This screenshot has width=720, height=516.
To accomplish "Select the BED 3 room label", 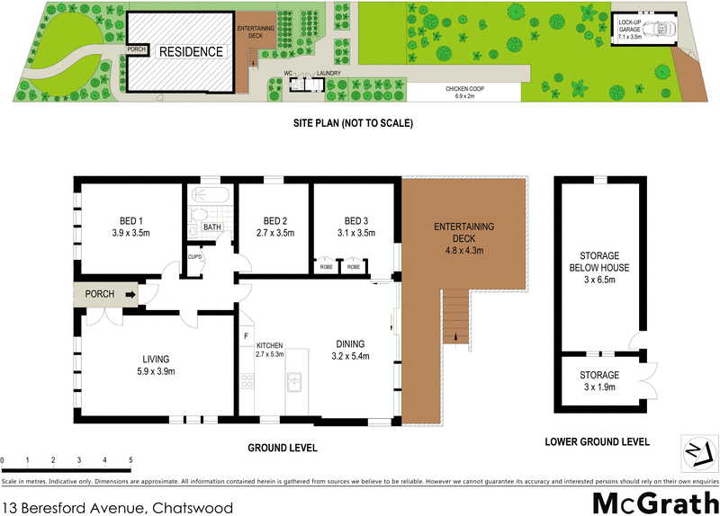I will [x=357, y=221].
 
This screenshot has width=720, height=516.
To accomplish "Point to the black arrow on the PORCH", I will [x=130, y=294].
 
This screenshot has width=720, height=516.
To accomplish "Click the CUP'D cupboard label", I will [x=194, y=256].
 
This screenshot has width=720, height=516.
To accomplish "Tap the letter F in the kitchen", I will [x=245, y=337].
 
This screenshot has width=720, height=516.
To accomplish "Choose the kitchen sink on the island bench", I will [x=293, y=385].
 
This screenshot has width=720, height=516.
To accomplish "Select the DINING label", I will [x=351, y=343].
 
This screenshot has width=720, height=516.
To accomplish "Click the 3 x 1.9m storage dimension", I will [x=598, y=387].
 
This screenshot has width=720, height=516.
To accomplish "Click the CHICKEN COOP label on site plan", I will [x=465, y=88].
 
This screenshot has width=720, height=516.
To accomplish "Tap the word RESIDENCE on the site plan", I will [x=191, y=52].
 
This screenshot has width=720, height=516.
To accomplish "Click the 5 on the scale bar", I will [x=130, y=460].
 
